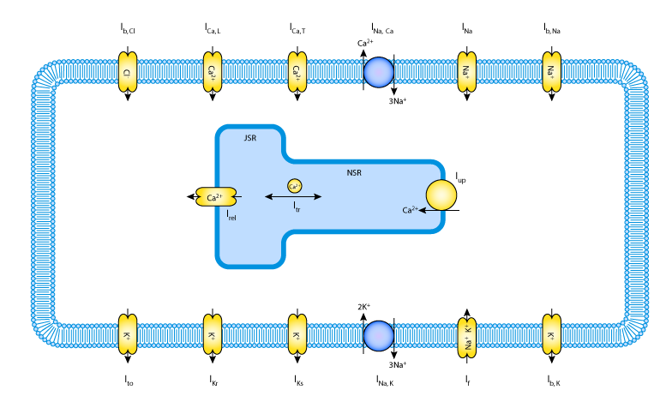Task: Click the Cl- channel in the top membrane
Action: (x=127, y=72)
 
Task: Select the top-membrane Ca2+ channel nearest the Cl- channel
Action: (x=213, y=72)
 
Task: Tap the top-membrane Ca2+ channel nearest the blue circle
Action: (x=297, y=72)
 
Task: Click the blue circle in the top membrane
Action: (x=379, y=72)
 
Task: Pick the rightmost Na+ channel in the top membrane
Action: (x=551, y=72)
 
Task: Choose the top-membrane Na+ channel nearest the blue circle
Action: (x=466, y=72)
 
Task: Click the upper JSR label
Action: (x=249, y=138)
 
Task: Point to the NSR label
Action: (x=354, y=173)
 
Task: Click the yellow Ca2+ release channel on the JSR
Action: (x=215, y=197)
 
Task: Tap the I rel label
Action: (x=231, y=215)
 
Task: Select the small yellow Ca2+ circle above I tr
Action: (x=294, y=186)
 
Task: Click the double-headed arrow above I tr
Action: (x=293, y=196)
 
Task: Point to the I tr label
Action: (x=297, y=207)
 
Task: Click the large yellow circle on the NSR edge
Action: (x=441, y=195)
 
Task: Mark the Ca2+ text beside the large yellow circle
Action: (x=410, y=210)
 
